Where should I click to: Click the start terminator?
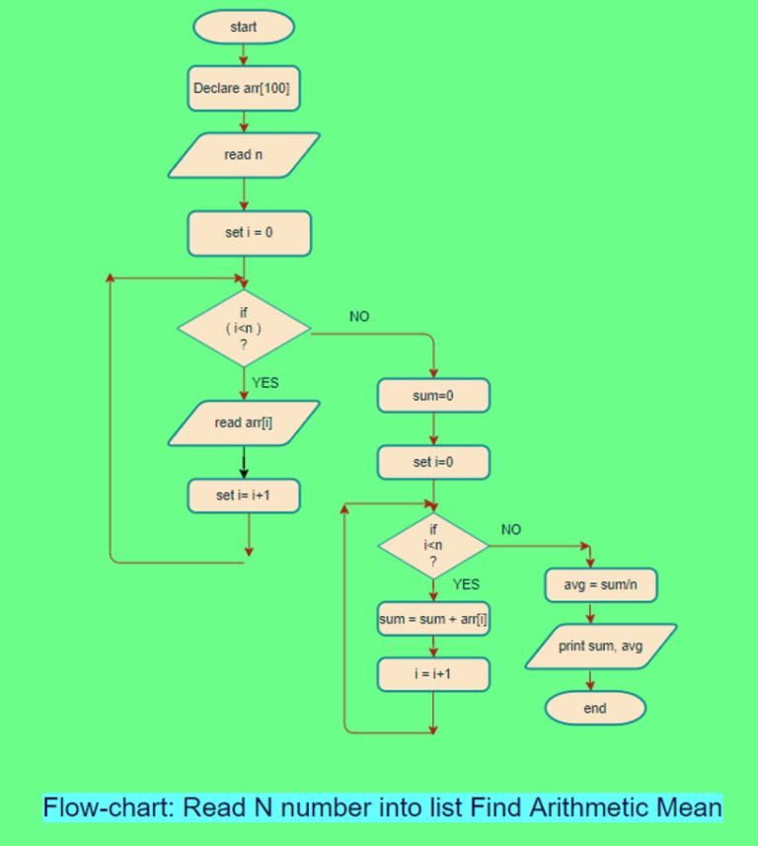click(x=243, y=28)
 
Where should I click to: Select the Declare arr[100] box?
click(x=243, y=88)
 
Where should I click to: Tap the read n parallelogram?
click(x=243, y=155)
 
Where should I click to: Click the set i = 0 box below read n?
click(x=249, y=233)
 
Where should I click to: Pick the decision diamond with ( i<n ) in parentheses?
click(x=243, y=327)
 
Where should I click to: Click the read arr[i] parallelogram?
click(x=243, y=423)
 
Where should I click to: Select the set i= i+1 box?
click(x=243, y=496)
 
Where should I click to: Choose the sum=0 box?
click(x=433, y=396)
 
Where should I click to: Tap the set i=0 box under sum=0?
click(x=433, y=461)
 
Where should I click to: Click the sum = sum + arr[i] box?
click(x=433, y=620)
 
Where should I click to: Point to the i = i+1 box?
click(x=433, y=674)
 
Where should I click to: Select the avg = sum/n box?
click(x=600, y=584)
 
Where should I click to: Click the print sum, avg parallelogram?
click(x=600, y=647)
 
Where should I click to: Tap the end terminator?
click(x=594, y=708)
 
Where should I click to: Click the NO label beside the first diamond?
click(x=359, y=316)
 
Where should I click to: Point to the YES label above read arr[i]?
click(x=265, y=383)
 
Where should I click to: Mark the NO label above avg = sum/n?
click(x=511, y=530)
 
